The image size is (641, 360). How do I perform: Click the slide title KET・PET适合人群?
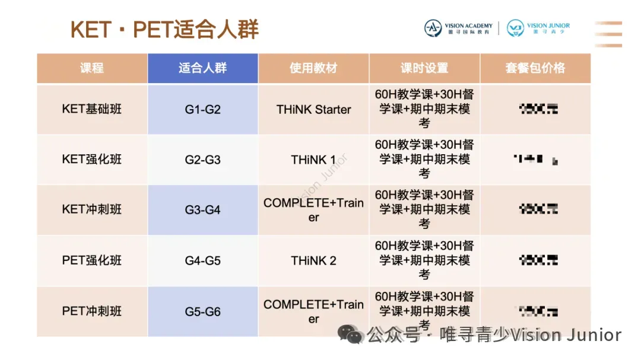(164, 28)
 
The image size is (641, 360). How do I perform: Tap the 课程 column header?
(92, 68)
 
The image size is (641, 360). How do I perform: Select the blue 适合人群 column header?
(202, 68)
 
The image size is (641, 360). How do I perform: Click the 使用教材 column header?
(313, 68)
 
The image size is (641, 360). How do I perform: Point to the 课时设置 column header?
(424, 68)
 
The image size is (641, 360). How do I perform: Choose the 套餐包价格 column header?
(535, 68)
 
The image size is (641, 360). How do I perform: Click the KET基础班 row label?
(92, 109)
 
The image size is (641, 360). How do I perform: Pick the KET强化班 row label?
(92, 160)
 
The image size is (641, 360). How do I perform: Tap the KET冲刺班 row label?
(92, 210)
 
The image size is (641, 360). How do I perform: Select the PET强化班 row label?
(92, 260)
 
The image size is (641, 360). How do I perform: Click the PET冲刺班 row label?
(92, 311)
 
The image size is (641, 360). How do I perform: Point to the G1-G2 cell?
(202, 110)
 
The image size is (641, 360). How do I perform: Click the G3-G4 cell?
(202, 210)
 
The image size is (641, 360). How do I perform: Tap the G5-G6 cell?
(202, 311)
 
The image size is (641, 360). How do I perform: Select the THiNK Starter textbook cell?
(313, 110)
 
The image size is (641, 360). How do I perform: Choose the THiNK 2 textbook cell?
(313, 260)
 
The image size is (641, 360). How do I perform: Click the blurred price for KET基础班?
(538, 109)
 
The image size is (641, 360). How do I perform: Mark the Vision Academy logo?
(458, 28)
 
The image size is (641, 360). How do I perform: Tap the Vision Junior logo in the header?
(538, 28)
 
